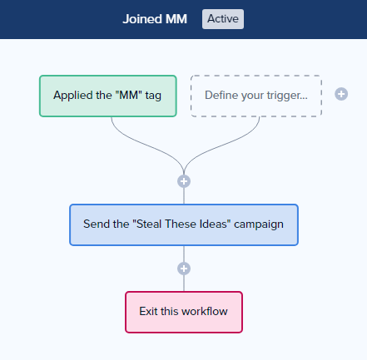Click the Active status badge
[x=223, y=19]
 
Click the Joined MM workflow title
[x=155, y=19]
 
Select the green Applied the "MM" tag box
[x=108, y=96]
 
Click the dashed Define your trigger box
[x=256, y=96]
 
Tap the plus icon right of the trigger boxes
[x=341, y=94]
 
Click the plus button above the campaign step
[x=184, y=181]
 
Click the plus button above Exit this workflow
[x=184, y=269]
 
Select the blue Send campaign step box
[x=184, y=224]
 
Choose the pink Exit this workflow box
[x=184, y=312]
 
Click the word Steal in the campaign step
[x=149, y=224]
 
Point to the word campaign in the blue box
[x=259, y=224]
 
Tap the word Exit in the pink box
[x=148, y=311]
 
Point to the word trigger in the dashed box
[x=284, y=96]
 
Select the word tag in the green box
[x=153, y=96]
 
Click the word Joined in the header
[x=142, y=19]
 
